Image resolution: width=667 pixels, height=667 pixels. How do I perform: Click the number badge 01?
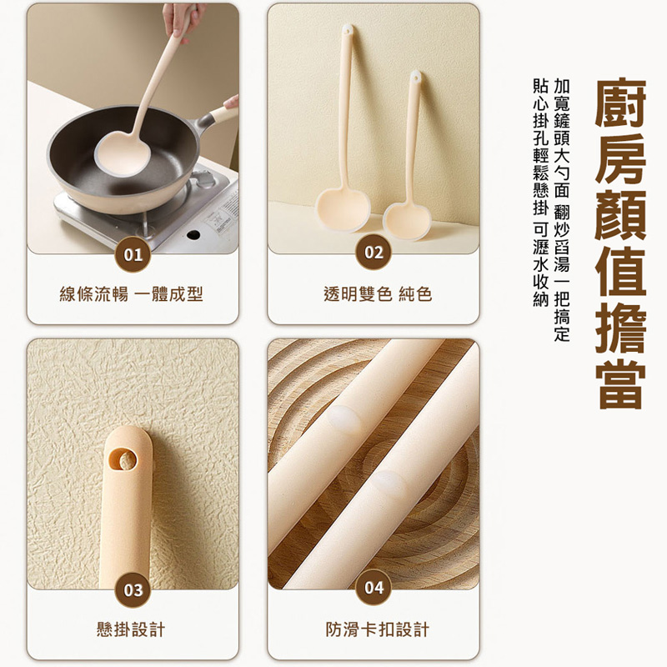[x=133, y=255]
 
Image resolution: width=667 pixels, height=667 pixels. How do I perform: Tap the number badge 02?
[x=374, y=253]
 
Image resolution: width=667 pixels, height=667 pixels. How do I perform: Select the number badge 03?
[x=133, y=590]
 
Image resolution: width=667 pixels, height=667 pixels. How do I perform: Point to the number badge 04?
[x=374, y=588]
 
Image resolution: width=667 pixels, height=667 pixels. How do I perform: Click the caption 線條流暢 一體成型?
[x=132, y=294]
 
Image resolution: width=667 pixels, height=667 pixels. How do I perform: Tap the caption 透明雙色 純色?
[x=378, y=294]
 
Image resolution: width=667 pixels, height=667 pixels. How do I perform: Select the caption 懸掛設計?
[x=131, y=629]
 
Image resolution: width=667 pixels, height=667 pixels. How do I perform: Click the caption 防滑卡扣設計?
[x=378, y=629]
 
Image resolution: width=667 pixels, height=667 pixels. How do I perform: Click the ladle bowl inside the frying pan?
[x=123, y=153]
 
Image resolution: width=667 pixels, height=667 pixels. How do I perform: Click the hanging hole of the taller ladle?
[x=348, y=30]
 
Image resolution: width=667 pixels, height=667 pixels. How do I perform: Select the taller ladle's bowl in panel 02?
[x=343, y=210]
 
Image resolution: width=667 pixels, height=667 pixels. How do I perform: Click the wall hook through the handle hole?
[x=126, y=461]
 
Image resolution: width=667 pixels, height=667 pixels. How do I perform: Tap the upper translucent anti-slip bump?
[x=344, y=419]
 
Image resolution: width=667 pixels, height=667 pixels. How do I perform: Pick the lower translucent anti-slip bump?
[x=389, y=484]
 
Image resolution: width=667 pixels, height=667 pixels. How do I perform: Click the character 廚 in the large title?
[x=620, y=102]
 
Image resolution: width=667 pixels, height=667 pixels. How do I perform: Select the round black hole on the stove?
[x=193, y=234]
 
